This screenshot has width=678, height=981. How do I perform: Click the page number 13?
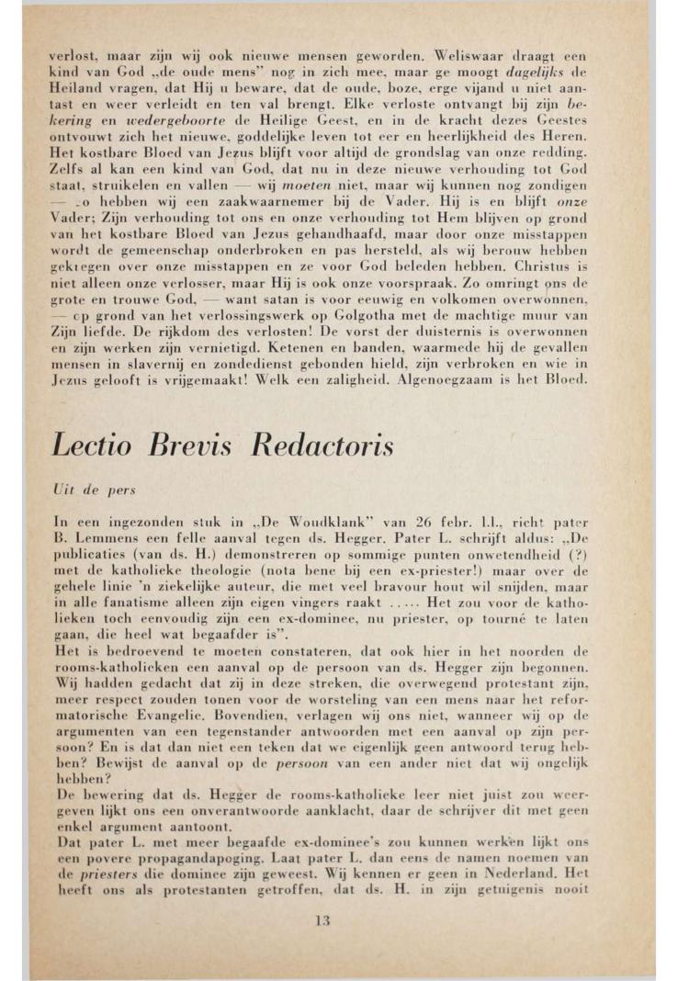point(321,919)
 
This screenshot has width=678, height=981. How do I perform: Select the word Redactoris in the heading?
point(322,445)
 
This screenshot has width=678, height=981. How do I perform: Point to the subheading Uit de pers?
point(81,491)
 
